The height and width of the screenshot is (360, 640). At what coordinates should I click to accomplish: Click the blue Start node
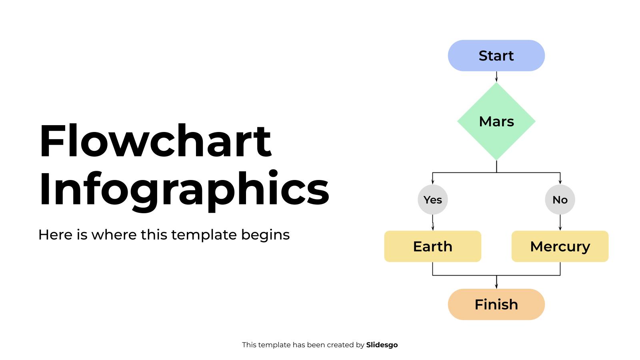pos(496,56)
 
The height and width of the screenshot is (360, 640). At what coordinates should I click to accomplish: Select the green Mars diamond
pos(496,122)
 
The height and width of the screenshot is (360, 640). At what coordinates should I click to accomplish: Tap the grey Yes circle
pos(432,200)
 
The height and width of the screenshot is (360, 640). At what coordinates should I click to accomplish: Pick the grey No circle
pos(560,200)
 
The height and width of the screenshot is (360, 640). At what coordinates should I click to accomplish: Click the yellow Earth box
pos(432,246)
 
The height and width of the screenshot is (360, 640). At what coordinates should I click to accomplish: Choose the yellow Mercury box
pos(560,246)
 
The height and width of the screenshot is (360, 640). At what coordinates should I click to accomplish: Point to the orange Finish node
pos(496,304)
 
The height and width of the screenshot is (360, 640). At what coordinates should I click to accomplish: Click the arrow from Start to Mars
pos(496,76)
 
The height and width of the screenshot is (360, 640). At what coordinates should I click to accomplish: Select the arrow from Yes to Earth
pos(432,222)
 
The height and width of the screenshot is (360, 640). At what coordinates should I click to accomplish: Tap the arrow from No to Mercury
pos(560,222)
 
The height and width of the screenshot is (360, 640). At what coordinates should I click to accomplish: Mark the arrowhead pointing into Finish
pos(496,286)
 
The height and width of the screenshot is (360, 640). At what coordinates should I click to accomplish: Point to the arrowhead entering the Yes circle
pos(432,182)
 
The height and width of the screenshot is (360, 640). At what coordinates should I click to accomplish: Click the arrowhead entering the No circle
pos(560,182)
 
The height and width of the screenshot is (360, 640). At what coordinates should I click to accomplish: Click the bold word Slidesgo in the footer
pos(382,345)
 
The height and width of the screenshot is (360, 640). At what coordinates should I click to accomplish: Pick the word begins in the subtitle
pos(265,235)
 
